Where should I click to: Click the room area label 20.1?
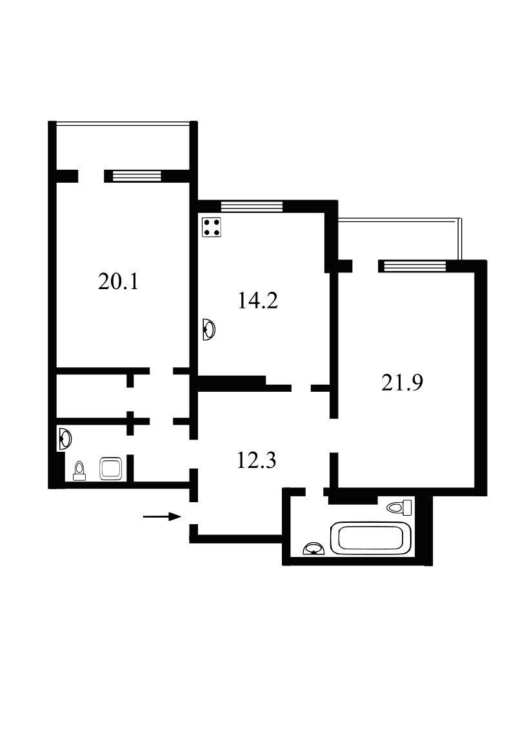pos(118,282)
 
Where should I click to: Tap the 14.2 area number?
pos(258,300)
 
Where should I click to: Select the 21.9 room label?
pos(402,383)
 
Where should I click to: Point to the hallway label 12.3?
pos(256,460)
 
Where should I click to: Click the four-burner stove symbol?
pos(212,228)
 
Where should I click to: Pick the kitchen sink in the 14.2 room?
pos(209,330)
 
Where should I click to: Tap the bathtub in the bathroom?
pos(371,539)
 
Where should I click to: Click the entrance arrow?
pos(162,516)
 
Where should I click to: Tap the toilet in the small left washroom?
pos(80,471)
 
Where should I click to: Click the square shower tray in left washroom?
pos(111,469)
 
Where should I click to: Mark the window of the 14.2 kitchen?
pos(252,206)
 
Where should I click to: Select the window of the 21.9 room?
pos(415,266)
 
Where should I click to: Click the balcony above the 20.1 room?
pos(123,146)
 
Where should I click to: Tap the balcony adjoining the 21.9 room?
pos(398,239)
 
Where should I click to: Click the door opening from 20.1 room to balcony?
pos(91,176)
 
